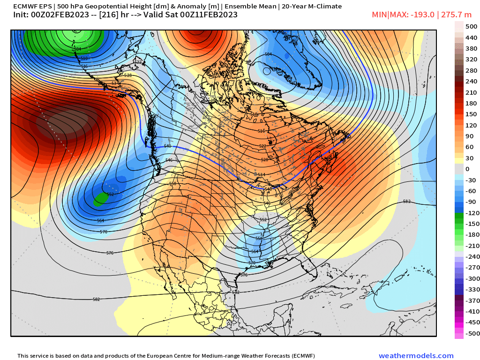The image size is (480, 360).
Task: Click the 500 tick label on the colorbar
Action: (x=471, y=26)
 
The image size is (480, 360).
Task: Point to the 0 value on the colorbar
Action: (x=467, y=169)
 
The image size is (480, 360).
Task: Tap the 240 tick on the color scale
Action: (x=471, y=81)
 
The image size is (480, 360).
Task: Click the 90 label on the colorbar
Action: (x=469, y=136)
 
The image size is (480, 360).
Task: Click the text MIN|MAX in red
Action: (x=387, y=15)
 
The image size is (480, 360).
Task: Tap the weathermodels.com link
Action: (x=416, y=356)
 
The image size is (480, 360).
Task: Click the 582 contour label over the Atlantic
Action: (x=406, y=202)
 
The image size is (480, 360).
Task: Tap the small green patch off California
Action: (x=99, y=200)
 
